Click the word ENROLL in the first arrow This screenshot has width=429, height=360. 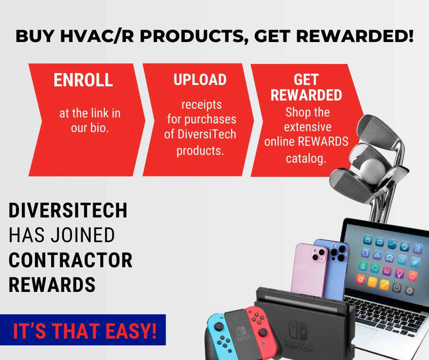83,80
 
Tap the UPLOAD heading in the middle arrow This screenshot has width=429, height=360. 200,79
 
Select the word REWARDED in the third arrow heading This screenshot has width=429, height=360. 306,95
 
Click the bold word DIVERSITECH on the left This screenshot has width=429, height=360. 68,212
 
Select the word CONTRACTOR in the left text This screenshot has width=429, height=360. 71,260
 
